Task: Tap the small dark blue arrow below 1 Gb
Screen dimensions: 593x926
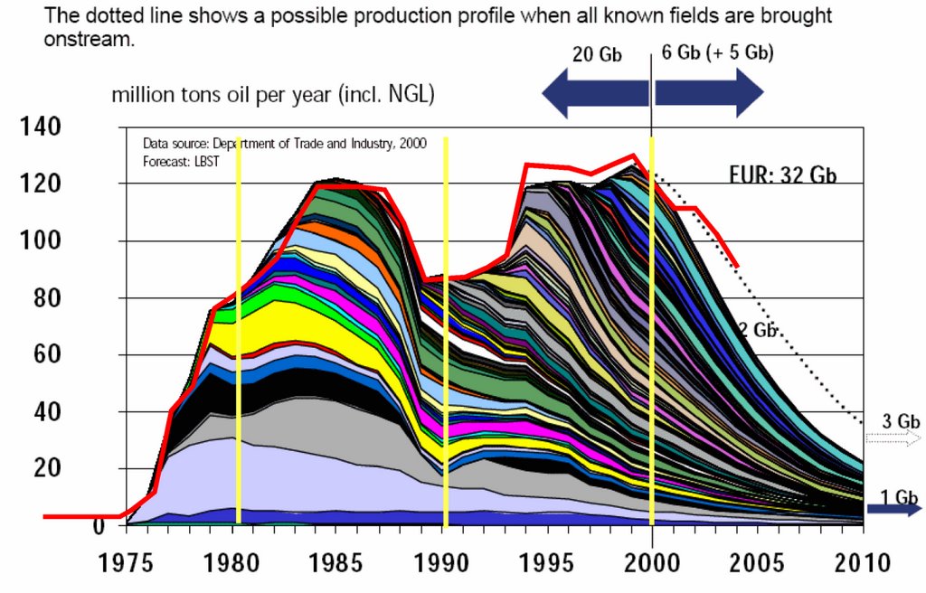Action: click(x=893, y=510)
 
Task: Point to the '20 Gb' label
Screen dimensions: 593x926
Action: click(x=597, y=54)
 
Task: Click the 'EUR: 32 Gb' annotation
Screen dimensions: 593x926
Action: click(x=782, y=175)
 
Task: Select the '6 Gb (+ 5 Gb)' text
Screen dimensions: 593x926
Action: click(x=718, y=52)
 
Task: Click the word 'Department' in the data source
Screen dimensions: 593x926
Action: click(x=236, y=143)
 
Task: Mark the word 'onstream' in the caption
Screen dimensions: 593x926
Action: click(x=89, y=40)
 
